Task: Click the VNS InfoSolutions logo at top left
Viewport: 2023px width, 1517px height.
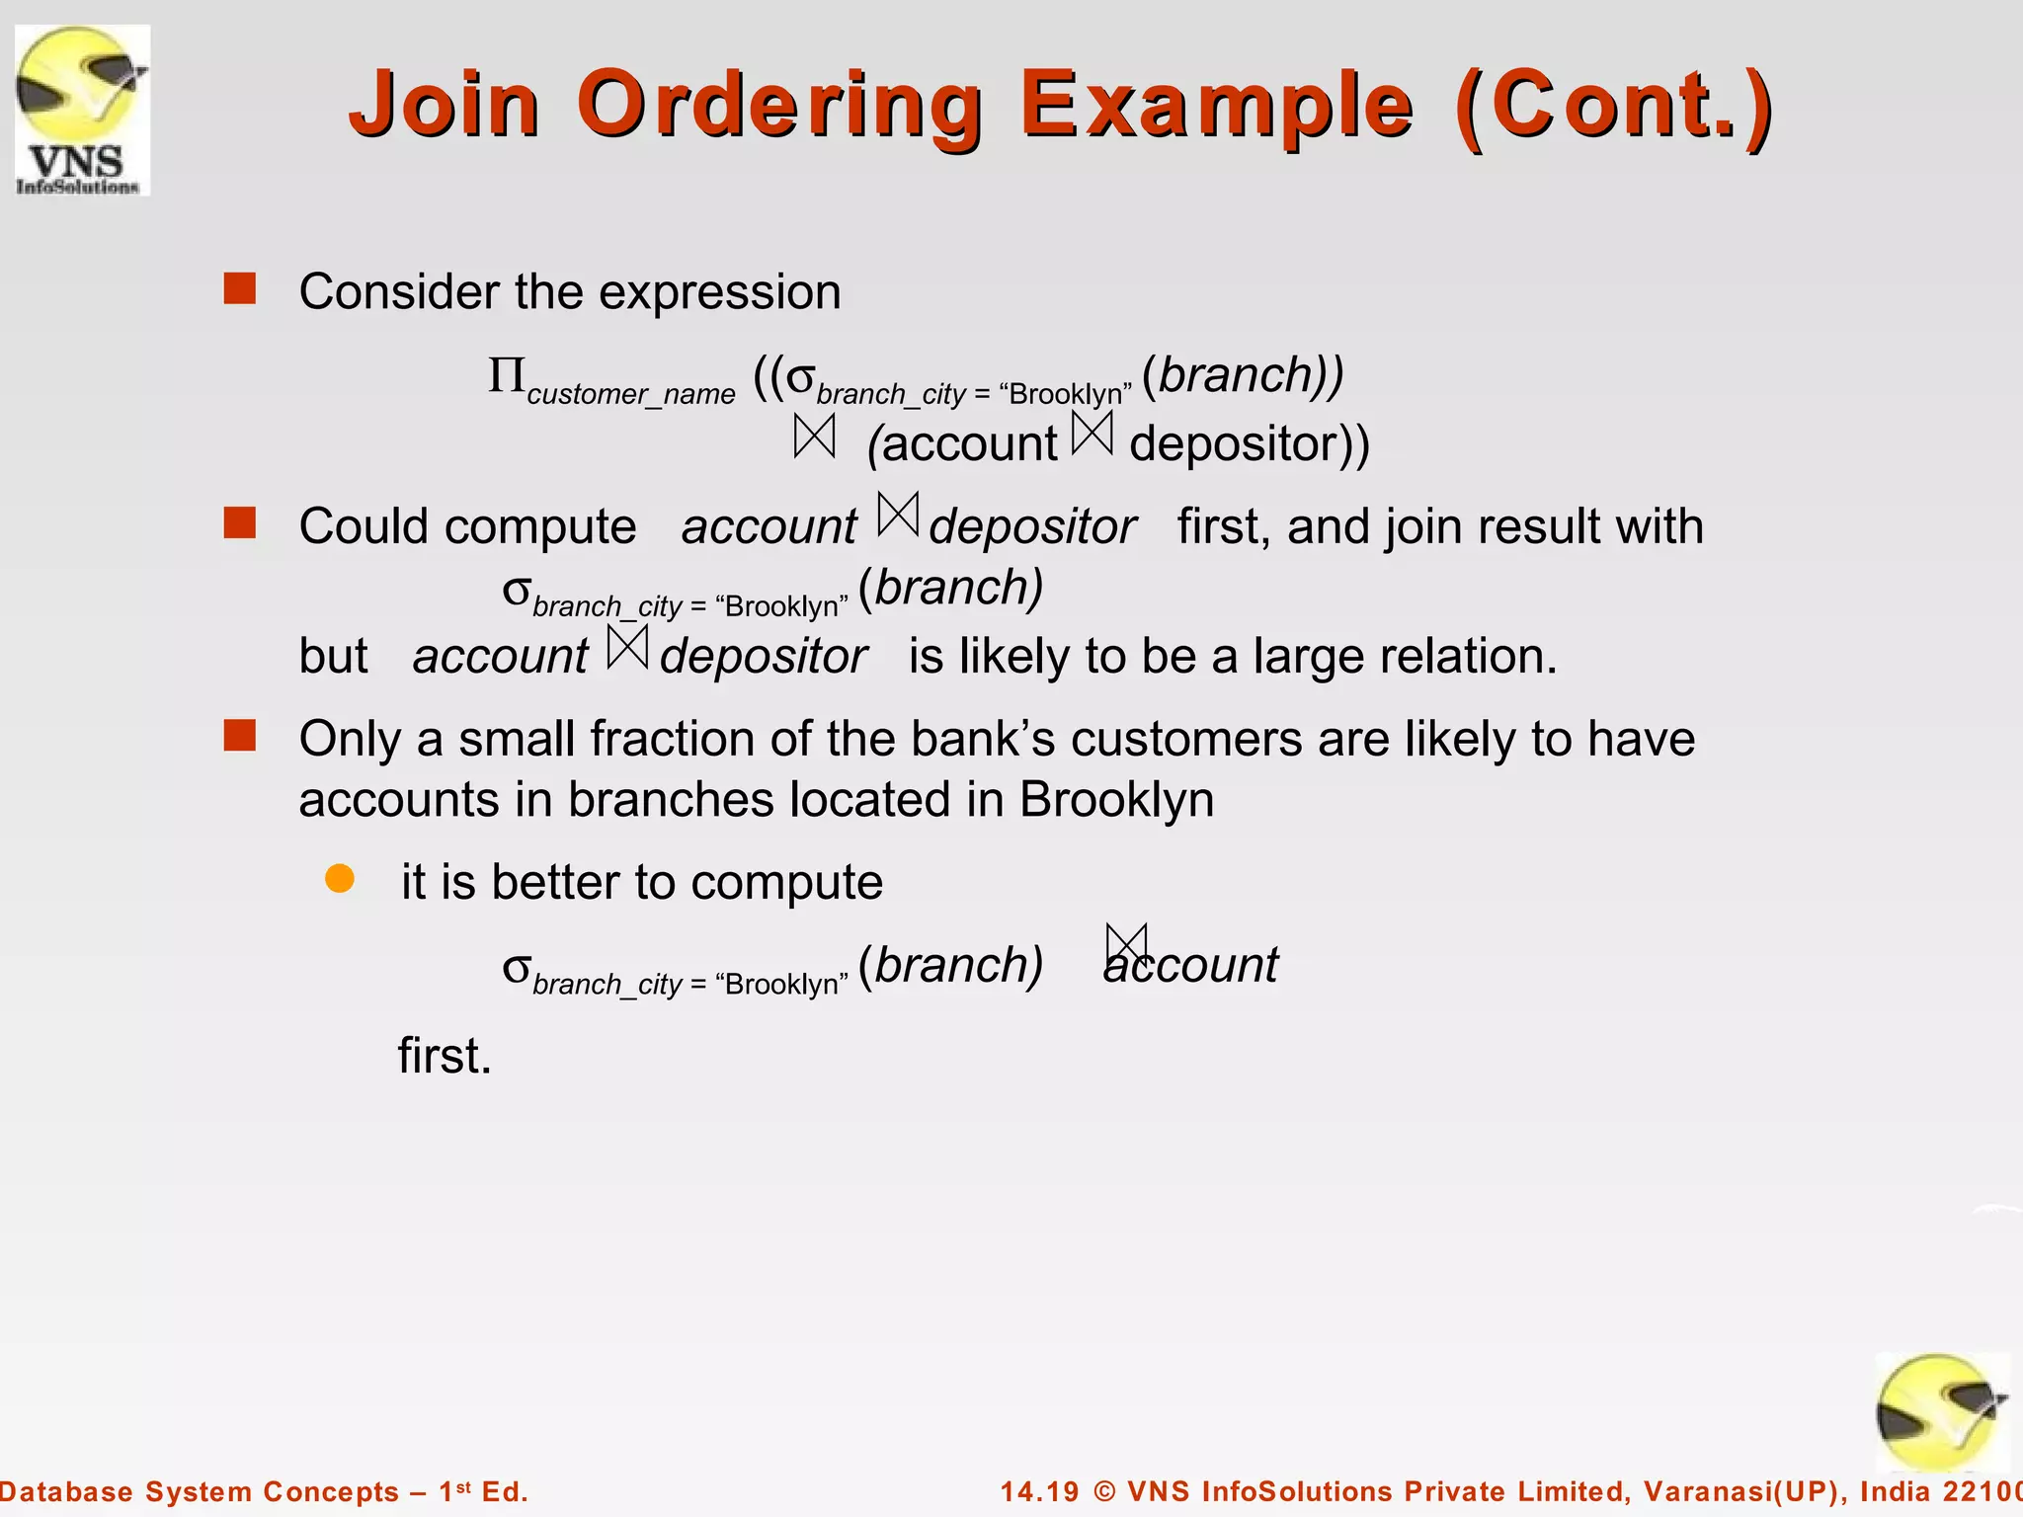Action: (82, 110)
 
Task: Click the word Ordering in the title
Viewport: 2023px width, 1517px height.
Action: (780, 105)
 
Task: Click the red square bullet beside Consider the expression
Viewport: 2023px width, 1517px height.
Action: (240, 289)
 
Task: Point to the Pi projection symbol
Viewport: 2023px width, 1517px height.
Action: (507, 376)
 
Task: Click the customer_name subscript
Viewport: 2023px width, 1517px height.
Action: (631, 394)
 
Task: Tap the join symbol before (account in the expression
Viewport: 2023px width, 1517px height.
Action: (815, 437)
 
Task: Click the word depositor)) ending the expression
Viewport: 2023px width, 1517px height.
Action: (1250, 443)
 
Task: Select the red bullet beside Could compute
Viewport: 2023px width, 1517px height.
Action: (240, 523)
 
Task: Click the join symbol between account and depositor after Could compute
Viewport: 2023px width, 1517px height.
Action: (898, 515)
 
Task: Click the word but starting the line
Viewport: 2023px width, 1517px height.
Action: (333, 656)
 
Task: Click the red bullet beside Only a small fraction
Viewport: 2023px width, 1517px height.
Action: (240, 736)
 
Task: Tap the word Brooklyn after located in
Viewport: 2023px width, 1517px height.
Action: (1116, 799)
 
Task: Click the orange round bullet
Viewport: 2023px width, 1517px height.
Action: (340, 879)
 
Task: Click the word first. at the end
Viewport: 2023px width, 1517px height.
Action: (445, 1056)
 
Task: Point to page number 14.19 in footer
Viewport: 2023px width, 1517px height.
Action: (1039, 1491)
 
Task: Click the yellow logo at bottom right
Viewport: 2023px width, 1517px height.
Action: (1941, 1412)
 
